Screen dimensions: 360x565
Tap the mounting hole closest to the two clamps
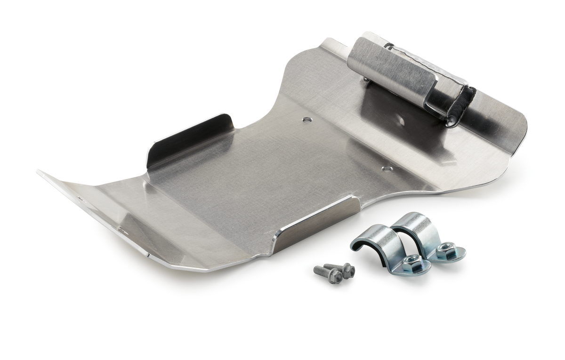click(387, 168)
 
